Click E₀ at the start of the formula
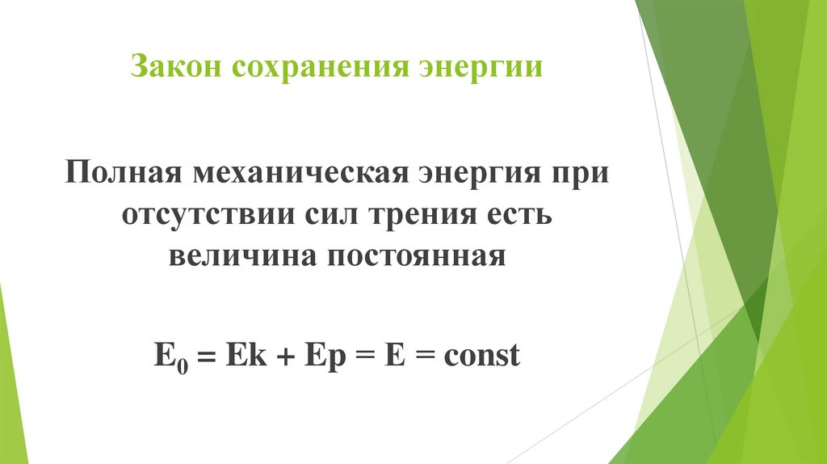(164, 356)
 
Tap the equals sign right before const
(422, 356)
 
